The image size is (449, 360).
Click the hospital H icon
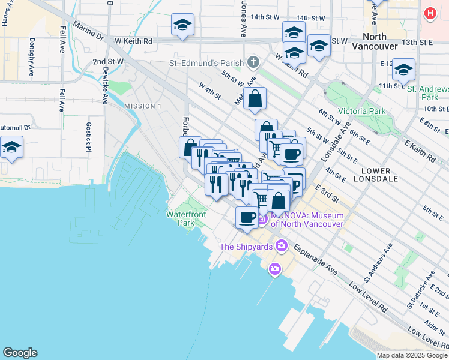(430, 13)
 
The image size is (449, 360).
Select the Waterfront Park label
(186, 218)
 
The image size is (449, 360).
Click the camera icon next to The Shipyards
(281, 246)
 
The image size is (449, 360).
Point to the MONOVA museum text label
(307, 220)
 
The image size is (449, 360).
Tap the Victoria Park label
(361, 111)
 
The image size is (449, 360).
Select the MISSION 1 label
(143, 106)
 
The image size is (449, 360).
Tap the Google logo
(20, 353)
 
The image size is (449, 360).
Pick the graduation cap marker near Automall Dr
(11, 147)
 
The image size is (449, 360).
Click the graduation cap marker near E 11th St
(404, 70)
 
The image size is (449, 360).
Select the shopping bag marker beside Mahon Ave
(255, 98)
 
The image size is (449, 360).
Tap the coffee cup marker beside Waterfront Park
(246, 217)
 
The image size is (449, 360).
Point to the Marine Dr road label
(88, 34)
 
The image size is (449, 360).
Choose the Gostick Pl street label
(88, 137)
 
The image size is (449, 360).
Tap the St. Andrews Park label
(427, 92)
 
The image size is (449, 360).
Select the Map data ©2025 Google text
(412, 355)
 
